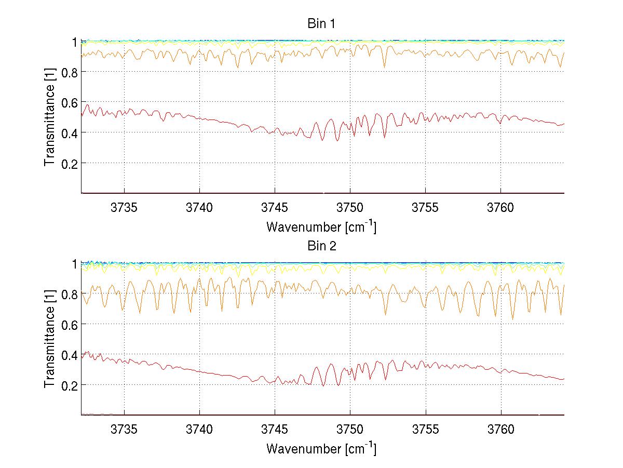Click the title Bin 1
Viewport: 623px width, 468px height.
pyautogui.click(x=322, y=24)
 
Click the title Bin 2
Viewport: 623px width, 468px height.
pyautogui.click(x=322, y=246)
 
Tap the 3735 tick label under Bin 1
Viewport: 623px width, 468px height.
pyautogui.click(x=124, y=208)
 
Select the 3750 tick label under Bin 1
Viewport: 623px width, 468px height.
pyautogui.click(x=350, y=208)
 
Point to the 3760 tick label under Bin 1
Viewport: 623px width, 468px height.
pyautogui.click(x=500, y=208)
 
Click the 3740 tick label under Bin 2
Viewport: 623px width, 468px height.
pyautogui.click(x=199, y=430)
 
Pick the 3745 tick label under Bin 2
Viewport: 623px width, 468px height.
pyautogui.click(x=275, y=430)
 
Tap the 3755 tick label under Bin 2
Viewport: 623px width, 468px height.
pyautogui.click(x=425, y=430)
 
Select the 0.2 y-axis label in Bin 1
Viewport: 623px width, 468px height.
pyautogui.click(x=69, y=163)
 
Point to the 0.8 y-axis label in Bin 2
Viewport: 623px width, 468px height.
pyautogui.click(x=69, y=294)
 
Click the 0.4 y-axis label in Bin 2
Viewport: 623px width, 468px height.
pyautogui.click(x=69, y=355)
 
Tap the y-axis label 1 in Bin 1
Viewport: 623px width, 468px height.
pyautogui.click(x=75, y=42)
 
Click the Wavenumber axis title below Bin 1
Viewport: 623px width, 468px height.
pyautogui.click(x=321, y=226)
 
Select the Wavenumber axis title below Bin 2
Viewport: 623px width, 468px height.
pyautogui.click(x=321, y=448)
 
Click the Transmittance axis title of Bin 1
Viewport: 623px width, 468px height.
pyautogui.click(x=49, y=117)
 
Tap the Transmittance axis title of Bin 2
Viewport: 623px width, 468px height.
pyautogui.click(x=49, y=339)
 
